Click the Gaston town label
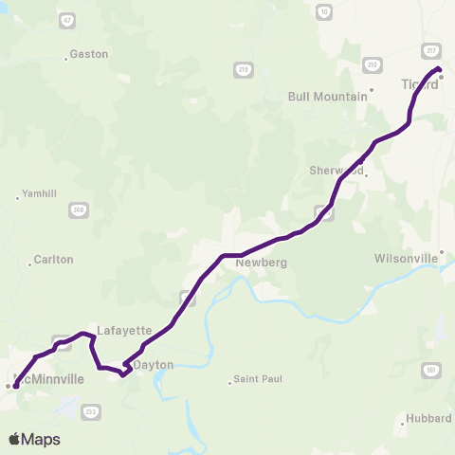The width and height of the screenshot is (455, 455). pos(90,54)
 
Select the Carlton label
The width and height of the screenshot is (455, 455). pos(53,259)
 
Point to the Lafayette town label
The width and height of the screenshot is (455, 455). pos(124,331)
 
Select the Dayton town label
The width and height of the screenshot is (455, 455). pos(155,364)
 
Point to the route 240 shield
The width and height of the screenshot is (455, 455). pos(77,210)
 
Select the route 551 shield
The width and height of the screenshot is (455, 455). pos(432,370)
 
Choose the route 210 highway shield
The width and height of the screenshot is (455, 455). pos(373,64)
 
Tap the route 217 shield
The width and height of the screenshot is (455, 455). pos(431,50)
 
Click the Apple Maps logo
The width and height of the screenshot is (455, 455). pos(34,439)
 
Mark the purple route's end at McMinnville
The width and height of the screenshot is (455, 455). pos(15,385)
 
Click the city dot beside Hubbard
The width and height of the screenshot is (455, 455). pos(402,424)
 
